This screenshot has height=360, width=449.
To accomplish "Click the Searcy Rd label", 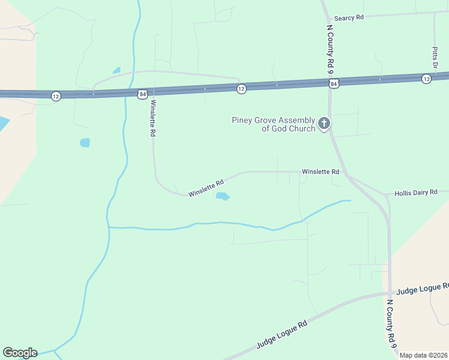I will coord(349,18).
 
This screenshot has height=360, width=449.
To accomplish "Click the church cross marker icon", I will coord(324,124).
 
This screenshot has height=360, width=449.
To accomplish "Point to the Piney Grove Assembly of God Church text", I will coord(274,124).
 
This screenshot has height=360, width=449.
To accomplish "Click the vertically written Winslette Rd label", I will coord(152,118).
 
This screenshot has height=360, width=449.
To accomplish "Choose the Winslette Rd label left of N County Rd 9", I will coord(321,172).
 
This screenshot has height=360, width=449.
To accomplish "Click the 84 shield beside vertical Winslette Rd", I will coord(142,94).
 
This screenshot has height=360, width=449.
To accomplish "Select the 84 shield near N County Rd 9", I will coord(334,83).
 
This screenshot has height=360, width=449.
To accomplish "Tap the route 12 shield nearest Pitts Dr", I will coord(426,79).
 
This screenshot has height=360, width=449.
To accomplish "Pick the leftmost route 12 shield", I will coord(55,96).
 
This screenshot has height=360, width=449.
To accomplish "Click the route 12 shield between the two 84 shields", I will coord(241,89).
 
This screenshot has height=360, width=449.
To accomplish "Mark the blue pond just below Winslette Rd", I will coord(223,196).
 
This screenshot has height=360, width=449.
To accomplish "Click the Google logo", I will coord(20,353).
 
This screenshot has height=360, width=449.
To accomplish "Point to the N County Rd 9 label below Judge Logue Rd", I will coord(391,323).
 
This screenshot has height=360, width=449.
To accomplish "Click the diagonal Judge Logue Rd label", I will coord(282,334).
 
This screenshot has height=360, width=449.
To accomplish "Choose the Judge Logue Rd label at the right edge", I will coord(423,289).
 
